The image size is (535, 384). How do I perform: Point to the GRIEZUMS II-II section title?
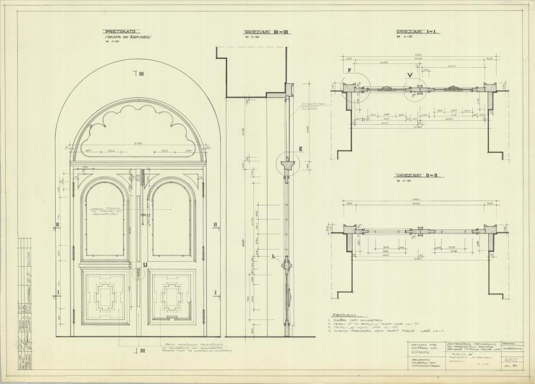click(x=416, y=174)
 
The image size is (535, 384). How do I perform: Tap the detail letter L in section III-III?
click(x=273, y=255)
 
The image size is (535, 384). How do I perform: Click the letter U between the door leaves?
click(x=145, y=263)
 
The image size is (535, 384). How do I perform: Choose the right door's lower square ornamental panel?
click(x=172, y=295)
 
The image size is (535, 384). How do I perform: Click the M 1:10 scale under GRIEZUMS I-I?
click(x=404, y=38)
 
